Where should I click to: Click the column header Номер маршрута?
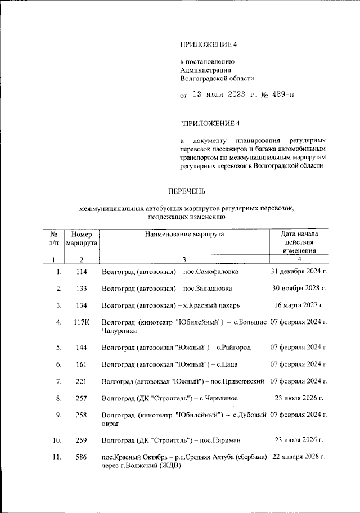(x=82, y=238)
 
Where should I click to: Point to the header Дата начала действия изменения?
(x=299, y=242)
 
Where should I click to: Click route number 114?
(x=81, y=272)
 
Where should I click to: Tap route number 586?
(x=81, y=457)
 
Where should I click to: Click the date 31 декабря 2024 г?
(x=299, y=271)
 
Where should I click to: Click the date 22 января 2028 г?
(x=299, y=457)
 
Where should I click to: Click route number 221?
(x=81, y=381)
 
